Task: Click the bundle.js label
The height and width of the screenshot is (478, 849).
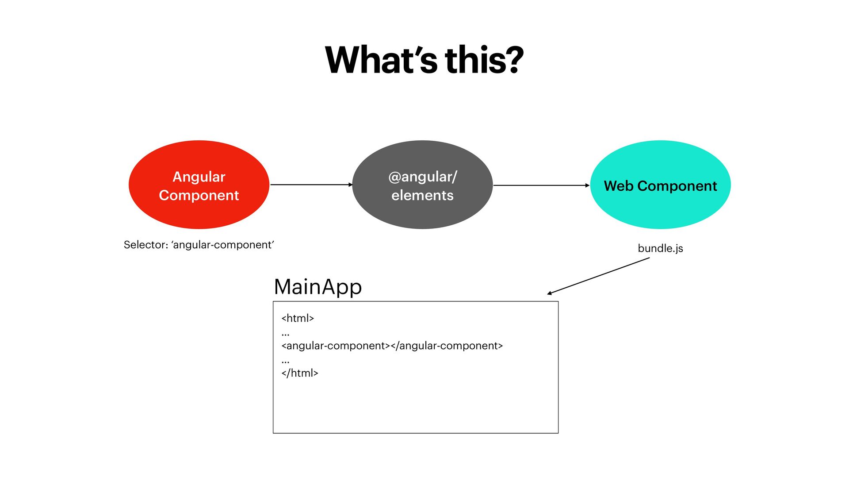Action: click(x=660, y=248)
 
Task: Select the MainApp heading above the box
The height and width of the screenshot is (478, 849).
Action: click(x=317, y=287)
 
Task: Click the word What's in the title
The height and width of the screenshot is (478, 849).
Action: click(x=381, y=60)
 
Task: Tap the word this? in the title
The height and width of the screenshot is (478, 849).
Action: click(x=484, y=60)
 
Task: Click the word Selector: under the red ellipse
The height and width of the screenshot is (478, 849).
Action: click(x=145, y=245)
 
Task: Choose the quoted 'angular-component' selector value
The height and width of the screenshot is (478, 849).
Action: click(x=222, y=245)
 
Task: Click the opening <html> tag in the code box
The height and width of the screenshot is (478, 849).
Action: click(x=298, y=318)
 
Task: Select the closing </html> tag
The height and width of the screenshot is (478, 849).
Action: click(x=300, y=373)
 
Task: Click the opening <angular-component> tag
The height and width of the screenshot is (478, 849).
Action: click(x=336, y=346)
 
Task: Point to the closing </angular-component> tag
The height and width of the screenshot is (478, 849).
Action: click(x=447, y=346)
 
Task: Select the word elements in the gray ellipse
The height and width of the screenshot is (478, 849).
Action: click(x=422, y=195)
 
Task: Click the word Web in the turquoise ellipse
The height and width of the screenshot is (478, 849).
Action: click(x=619, y=186)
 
